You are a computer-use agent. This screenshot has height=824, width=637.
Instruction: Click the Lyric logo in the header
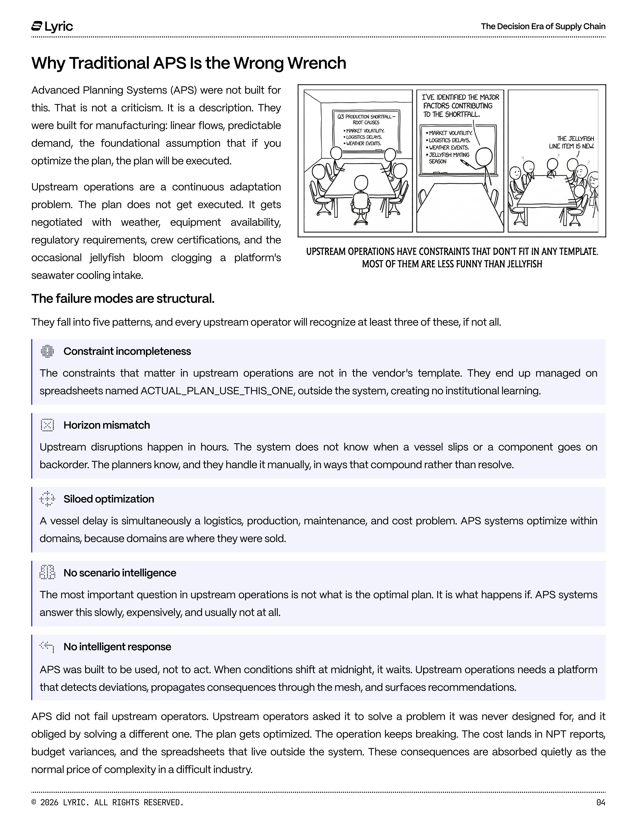52,26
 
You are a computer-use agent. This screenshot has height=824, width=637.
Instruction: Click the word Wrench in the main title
317,63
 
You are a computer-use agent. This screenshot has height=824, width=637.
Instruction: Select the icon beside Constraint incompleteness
47,351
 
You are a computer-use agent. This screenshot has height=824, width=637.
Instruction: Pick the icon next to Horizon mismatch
47,425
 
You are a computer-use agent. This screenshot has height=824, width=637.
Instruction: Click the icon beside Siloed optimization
47,499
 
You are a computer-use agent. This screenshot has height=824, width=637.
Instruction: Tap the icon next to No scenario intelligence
47,572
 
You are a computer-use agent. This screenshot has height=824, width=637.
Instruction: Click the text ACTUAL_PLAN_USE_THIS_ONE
217,391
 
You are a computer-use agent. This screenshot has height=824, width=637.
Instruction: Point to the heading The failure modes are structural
123,298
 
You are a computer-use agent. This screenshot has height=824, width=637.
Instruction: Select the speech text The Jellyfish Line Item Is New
571,142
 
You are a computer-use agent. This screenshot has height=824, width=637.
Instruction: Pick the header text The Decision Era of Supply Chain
543,26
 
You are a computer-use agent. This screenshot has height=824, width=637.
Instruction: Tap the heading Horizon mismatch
106,425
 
